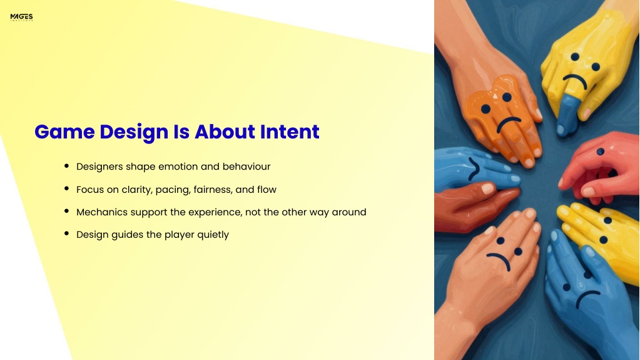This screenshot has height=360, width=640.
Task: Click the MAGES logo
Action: coord(22,17)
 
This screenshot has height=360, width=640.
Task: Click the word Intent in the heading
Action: coord(290,131)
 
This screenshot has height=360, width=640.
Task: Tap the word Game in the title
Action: coord(64,131)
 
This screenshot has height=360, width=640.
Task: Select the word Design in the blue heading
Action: coord(134,132)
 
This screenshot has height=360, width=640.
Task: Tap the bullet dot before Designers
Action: coord(66,165)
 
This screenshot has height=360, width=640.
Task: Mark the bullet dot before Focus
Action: coord(66,188)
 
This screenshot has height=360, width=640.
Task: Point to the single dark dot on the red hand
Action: coord(600,152)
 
